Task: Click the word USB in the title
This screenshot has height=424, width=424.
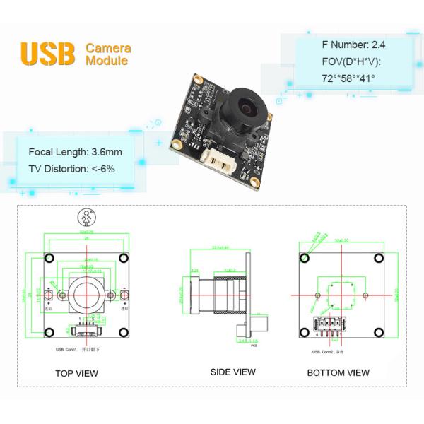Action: click(x=47, y=54)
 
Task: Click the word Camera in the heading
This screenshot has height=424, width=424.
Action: click(x=108, y=48)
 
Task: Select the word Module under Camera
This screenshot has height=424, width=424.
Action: click(x=107, y=61)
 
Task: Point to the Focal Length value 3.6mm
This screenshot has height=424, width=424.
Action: click(x=107, y=152)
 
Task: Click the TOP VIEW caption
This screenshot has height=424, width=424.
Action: click(x=76, y=373)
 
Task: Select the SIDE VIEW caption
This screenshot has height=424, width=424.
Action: click(x=232, y=372)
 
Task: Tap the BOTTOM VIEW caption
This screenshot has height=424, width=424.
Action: click(x=338, y=372)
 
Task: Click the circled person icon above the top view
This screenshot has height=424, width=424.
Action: click(x=86, y=216)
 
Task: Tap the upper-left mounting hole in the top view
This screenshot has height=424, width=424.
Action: click(x=49, y=258)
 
